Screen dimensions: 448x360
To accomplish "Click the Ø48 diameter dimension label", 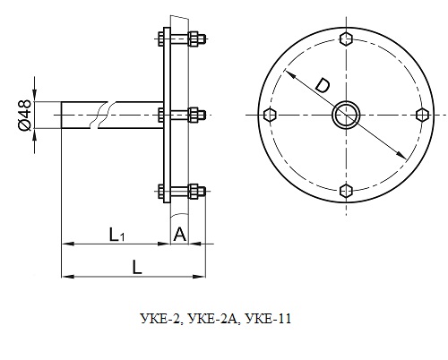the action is point(25,116).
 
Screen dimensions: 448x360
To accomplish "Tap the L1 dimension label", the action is point(116,235).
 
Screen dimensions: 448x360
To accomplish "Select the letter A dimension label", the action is point(180,235).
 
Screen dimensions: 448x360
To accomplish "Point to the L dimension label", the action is point(137,267).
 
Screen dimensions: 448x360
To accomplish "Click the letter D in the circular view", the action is point(323,85).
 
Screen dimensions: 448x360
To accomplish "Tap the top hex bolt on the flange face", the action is point(346,39).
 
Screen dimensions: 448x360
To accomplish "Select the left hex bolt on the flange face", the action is point(271,115).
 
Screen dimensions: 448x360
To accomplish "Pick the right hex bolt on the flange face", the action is point(422,115).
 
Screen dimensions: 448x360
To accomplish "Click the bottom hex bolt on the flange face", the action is point(346,191).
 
